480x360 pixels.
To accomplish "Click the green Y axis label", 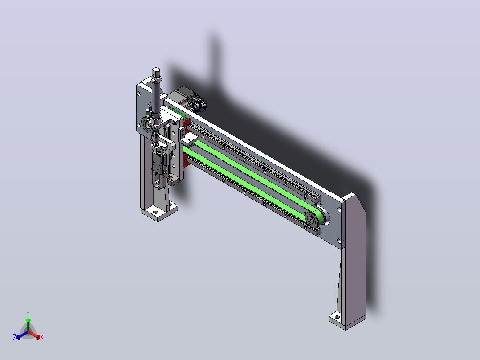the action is [x=28, y=313].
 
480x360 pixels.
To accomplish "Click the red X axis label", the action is [x=42, y=337].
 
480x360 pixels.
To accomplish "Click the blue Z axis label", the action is [x=14, y=337].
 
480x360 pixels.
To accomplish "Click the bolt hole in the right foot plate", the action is [x=337, y=317].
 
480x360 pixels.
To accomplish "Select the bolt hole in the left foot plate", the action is [x=155, y=212].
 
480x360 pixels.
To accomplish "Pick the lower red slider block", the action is [x=186, y=160].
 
